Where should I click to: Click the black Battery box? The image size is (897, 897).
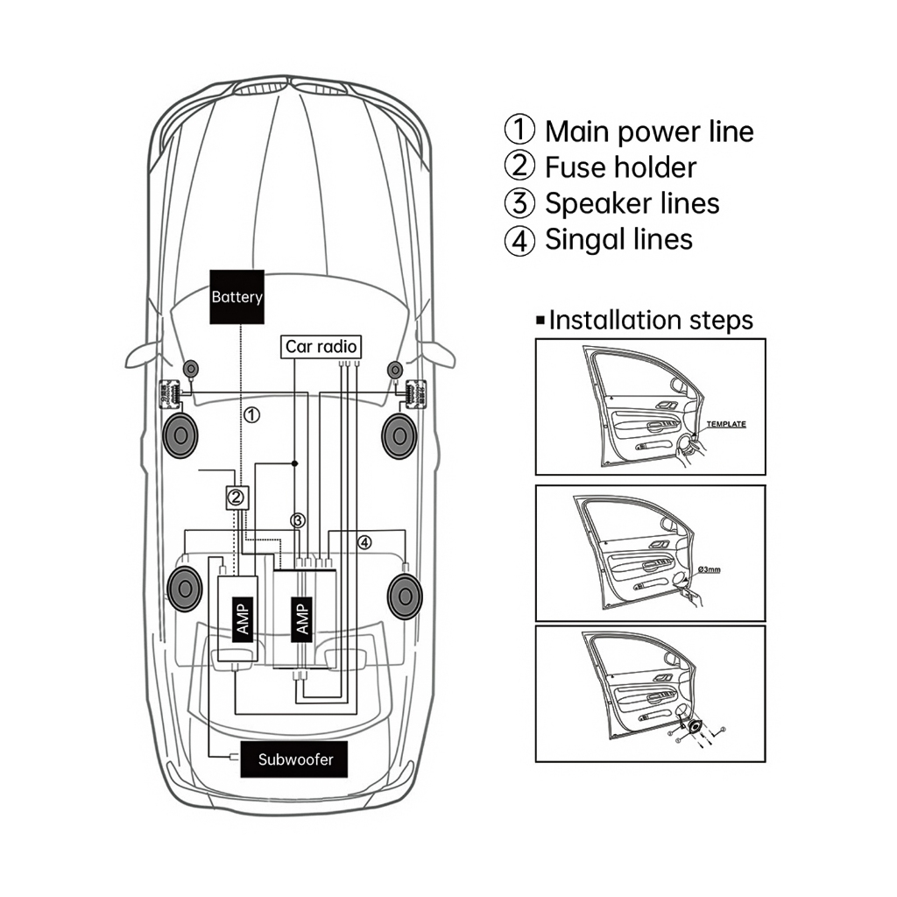point(237,297)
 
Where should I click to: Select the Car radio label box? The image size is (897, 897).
point(321,347)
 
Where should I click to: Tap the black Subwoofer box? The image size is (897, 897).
point(294,759)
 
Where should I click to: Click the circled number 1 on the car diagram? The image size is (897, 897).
point(251,414)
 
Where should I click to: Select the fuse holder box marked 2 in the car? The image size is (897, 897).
point(237,498)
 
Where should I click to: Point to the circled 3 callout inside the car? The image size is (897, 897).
point(298,520)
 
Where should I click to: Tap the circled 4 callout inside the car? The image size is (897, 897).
point(364,542)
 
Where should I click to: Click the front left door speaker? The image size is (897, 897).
point(180,436)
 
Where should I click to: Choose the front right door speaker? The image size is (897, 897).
point(399,436)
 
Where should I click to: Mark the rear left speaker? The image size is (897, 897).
point(185,589)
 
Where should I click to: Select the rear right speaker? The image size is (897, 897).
point(405,597)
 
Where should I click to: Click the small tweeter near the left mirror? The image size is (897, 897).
point(190,369)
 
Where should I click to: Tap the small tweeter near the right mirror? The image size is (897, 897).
point(395,371)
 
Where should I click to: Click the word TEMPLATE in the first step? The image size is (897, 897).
point(726,424)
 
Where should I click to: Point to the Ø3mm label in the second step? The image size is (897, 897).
point(709,569)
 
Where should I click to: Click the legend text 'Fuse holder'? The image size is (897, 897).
point(621,167)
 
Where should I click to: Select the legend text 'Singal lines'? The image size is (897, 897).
point(619,240)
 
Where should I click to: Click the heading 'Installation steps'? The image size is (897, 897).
point(651,321)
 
